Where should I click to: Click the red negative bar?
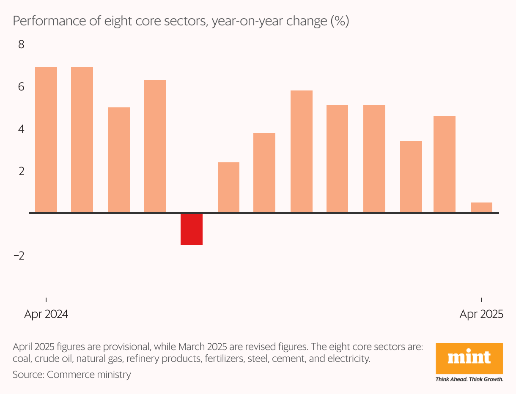pyautogui.click(x=191, y=229)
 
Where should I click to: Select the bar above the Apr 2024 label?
pyautogui.click(x=46, y=140)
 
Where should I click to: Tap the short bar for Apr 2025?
pyautogui.click(x=481, y=208)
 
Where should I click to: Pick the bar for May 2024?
pyautogui.click(x=82, y=140)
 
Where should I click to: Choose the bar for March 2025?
pyautogui.click(x=445, y=164)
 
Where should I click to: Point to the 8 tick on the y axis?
pyautogui.click(x=21, y=44)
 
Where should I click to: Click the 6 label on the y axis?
pyautogui.click(x=21, y=87)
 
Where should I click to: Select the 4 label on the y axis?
pyautogui.click(x=21, y=129)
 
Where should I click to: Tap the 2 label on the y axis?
pyautogui.click(x=22, y=171)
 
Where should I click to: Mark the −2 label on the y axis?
pyautogui.click(x=19, y=256)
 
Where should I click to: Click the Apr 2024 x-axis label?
pyautogui.click(x=46, y=314)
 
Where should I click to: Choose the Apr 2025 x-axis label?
pyautogui.click(x=481, y=314)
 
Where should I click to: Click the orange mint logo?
pyautogui.click(x=469, y=358)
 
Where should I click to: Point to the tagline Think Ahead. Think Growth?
pyautogui.click(x=469, y=380)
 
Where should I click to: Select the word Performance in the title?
pyautogui.click(x=49, y=21)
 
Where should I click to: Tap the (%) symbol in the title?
pyautogui.click(x=340, y=21)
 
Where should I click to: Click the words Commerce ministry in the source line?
pyautogui.click(x=89, y=375)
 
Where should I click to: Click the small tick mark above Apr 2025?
pyautogui.click(x=481, y=300)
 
